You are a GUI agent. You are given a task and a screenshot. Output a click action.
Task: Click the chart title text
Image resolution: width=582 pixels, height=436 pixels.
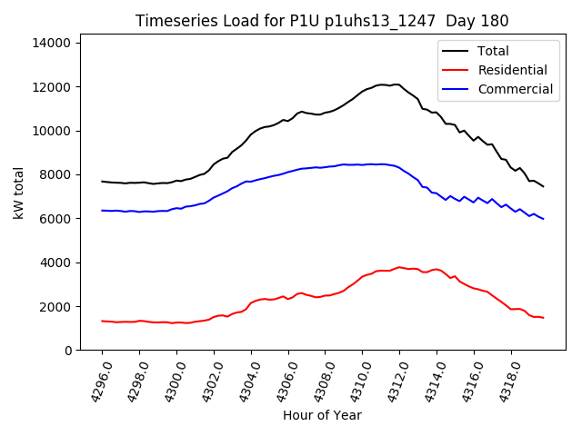(322, 21)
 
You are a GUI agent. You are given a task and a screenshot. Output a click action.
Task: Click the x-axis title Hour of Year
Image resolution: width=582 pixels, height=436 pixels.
(322, 415)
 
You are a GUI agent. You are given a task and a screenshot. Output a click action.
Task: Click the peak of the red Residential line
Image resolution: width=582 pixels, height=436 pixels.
(399, 267)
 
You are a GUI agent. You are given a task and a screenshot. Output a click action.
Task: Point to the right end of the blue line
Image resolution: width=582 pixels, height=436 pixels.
(544, 219)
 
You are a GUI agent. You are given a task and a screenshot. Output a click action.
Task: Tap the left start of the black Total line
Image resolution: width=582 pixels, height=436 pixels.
(102, 182)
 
